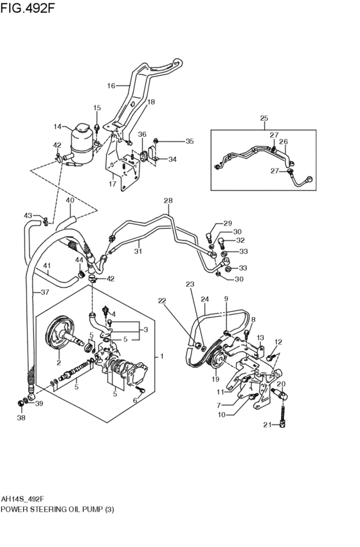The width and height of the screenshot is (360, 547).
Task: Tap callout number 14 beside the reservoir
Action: point(57,127)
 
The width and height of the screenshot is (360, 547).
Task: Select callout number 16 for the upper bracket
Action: point(111,85)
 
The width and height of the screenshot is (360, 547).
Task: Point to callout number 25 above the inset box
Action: point(264,118)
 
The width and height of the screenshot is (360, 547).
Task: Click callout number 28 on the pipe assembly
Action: point(168,201)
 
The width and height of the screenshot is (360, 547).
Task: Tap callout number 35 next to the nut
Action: point(189,141)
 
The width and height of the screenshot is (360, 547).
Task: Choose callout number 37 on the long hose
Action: point(44,292)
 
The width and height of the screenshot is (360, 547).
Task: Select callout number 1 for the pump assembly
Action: point(162,356)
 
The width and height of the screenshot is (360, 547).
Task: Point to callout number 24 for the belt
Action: point(205,299)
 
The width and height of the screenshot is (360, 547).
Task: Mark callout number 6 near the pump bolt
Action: point(135,400)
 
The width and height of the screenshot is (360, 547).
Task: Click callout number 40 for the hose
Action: point(70,201)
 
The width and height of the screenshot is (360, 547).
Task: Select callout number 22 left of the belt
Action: point(162,301)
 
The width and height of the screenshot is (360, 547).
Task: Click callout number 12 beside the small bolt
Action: point(278,342)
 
